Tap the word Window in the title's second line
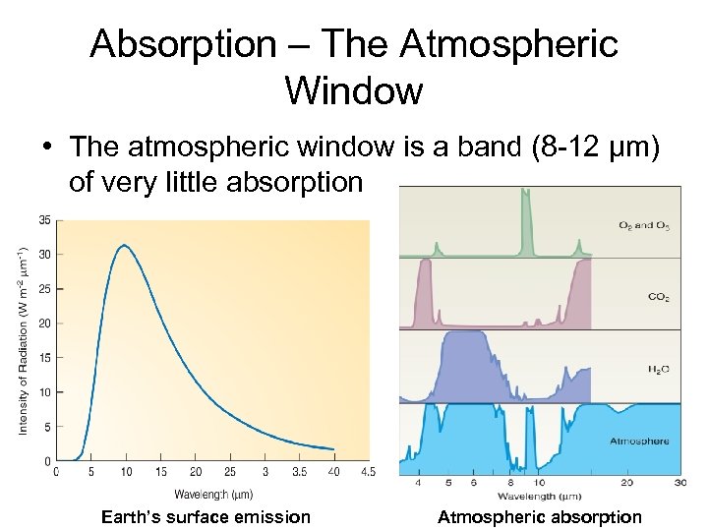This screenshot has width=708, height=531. tap(353, 90)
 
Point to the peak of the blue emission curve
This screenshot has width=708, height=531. tap(124, 245)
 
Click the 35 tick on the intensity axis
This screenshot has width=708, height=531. tap(44, 220)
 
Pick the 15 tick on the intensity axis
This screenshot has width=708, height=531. tap(44, 358)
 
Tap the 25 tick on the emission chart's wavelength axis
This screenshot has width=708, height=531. tap(230, 473)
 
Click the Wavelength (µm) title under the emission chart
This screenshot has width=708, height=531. tap(213, 494)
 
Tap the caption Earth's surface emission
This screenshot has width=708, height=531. tap(206, 517)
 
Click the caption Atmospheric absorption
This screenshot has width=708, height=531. tap(540, 517)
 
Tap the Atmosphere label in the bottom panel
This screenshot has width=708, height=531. tap(639, 442)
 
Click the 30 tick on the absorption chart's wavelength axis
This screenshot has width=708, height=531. tap(679, 483)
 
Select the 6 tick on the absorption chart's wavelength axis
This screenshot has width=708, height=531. tap(472, 483)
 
